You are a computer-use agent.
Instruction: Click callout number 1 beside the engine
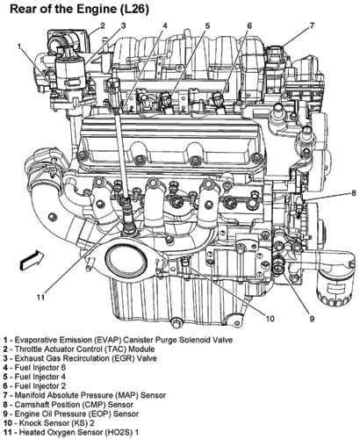[19, 46]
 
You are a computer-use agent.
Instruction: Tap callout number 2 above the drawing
[103, 25]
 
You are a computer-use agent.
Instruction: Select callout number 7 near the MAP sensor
[312, 25]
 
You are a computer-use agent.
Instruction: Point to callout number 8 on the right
[354, 193]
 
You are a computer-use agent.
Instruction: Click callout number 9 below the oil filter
[312, 319]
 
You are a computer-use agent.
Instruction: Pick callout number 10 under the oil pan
[270, 319]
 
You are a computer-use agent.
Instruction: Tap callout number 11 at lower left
[40, 298]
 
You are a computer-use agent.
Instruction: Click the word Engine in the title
[97, 10]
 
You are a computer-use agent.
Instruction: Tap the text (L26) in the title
[135, 10]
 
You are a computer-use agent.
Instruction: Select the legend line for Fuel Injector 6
[34, 367]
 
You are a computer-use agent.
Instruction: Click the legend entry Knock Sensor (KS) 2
[48, 423]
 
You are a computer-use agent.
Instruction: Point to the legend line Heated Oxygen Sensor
[71, 432]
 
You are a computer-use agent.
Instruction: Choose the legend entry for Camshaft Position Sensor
[68, 405]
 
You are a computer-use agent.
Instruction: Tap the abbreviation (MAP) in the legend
[127, 395]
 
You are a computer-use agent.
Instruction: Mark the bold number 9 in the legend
[5, 414]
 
